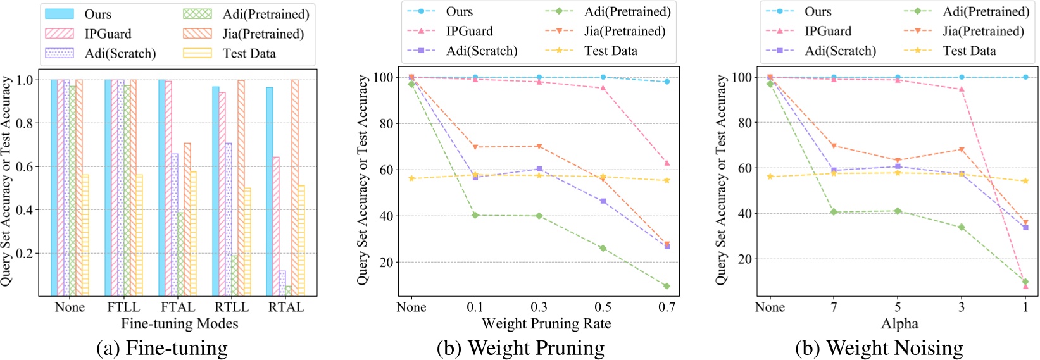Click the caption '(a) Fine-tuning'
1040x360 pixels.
point(162,348)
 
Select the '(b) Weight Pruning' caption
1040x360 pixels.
point(520,348)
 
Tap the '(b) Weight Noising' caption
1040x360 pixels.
point(879,348)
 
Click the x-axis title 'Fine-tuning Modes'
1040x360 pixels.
point(180,324)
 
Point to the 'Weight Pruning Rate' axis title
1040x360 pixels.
point(546,324)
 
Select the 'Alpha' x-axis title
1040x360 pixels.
point(899,324)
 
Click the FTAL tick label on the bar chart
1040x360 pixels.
point(178,307)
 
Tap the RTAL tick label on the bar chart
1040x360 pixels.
point(286,307)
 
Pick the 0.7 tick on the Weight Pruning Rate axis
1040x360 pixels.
point(667,307)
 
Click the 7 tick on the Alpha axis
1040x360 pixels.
point(834,307)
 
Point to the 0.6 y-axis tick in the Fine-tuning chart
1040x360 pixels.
point(24,167)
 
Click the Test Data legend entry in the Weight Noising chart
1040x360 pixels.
point(968,51)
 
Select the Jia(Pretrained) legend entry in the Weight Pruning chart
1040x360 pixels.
point(624,32)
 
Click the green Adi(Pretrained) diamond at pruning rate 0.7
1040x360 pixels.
point(667,286)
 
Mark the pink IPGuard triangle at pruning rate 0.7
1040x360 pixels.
point(667,163)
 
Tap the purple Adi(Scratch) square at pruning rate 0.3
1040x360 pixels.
point(539,169)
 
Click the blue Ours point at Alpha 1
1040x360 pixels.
point(1025,77)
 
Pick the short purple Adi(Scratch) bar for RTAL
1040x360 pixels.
point(282,283)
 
